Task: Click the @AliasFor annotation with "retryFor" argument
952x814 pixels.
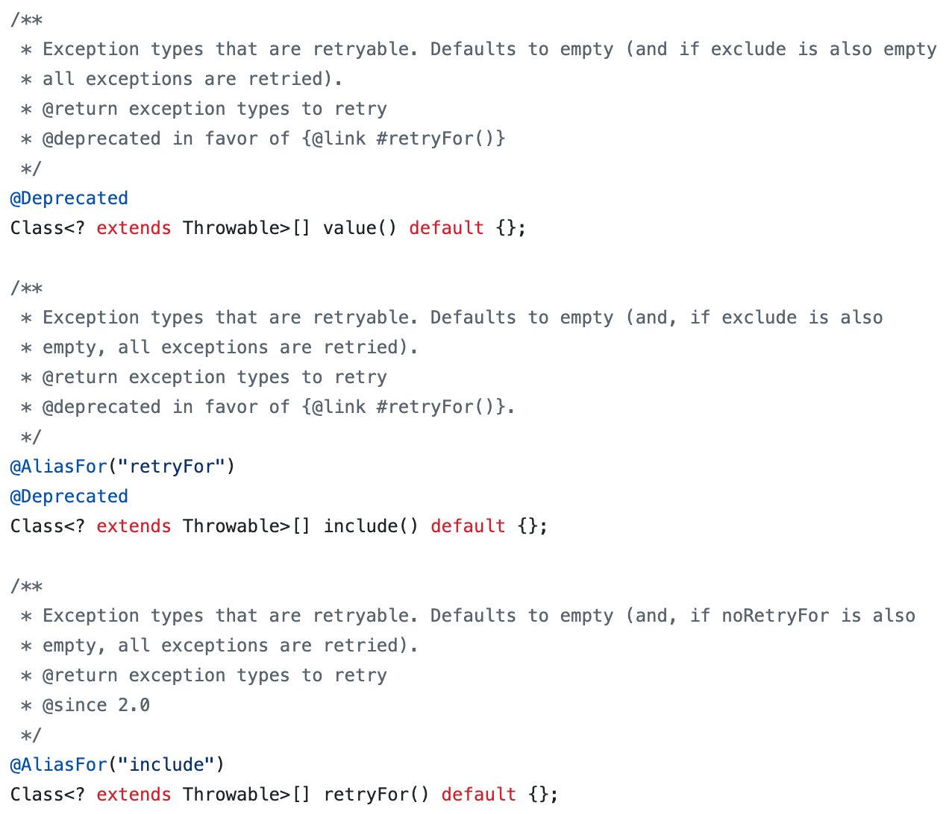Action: click(x=59, y=467)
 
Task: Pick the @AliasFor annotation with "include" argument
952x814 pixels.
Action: click(x=59, y=765)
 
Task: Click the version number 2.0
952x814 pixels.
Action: click(x=134, y=705)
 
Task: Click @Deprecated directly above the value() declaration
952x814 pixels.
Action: click(x=69, y=198)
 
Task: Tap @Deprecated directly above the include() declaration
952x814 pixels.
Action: click(x=69, y=496)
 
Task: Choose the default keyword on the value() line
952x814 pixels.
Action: click(x=446, y=228)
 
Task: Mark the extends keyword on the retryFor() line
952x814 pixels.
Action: click(x=134, y=795)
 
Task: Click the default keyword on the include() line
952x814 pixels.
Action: click(x=468, y=526)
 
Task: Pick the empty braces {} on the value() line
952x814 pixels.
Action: click(x=506, y=228)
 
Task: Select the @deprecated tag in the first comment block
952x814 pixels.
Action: click(x=101, y=139)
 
